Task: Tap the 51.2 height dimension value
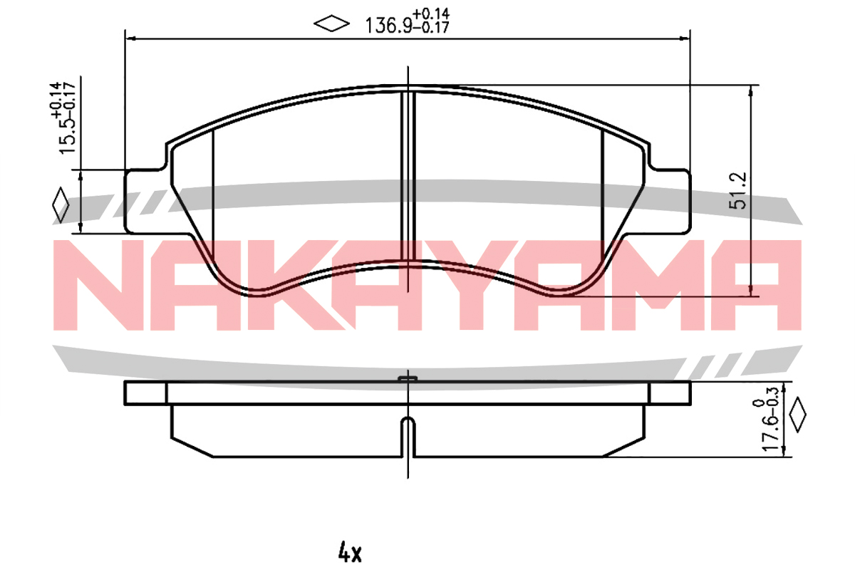[x=737, y=190]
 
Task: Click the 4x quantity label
[x=350, y=552]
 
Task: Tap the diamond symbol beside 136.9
[x=331, y=24]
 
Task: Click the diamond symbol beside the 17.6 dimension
[x=797, y=414]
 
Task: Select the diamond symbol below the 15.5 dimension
[x=61, y=204]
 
